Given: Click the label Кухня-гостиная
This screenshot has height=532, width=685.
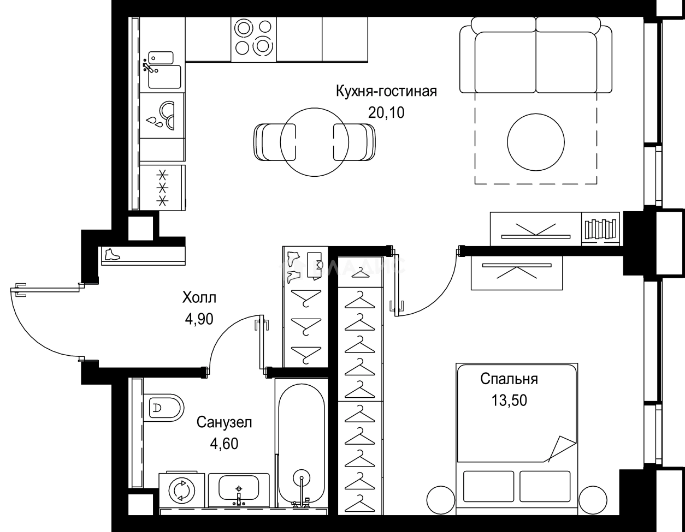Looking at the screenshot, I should point(386,91).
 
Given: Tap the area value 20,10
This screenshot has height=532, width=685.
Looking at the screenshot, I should point(386,113).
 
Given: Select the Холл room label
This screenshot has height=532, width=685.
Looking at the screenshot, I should point(199,298).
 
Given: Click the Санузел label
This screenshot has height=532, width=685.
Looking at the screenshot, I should point(225,422).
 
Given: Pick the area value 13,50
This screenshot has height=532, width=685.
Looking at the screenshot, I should point(509,401).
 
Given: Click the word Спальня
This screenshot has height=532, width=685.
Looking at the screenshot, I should point(509,379).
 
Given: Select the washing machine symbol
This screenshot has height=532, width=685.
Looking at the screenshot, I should point(182,490).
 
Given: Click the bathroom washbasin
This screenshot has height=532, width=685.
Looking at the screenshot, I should point(239,488).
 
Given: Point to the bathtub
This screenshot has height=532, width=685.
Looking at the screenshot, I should point(301,442).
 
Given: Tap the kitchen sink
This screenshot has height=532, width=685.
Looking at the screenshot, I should point(163,76).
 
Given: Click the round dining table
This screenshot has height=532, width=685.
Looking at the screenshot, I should point(314,141).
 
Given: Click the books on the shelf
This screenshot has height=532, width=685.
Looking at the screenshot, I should point(600,228).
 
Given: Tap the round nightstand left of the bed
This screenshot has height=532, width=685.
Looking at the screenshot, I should point(440,498).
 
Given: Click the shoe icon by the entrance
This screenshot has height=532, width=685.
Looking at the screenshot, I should point(111,255).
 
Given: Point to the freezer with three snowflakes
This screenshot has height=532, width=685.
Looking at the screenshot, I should point(162,188).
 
